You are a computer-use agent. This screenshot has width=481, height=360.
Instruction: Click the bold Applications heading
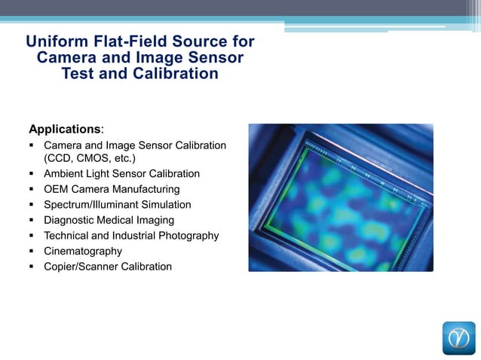64,129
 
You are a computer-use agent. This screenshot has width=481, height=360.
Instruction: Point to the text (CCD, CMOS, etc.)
90,158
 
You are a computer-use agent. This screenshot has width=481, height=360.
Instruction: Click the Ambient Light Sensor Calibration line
121,174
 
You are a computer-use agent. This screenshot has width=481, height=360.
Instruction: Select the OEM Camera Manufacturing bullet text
112,189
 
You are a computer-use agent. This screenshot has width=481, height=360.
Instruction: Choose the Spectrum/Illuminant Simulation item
118,205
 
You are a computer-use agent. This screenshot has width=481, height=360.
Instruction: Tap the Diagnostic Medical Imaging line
109,220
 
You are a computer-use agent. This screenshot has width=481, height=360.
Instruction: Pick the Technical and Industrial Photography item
131,236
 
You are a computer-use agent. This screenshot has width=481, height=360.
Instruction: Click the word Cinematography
83,251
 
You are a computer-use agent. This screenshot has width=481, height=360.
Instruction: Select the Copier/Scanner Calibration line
108,267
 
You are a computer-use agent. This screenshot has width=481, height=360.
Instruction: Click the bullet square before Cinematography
32,252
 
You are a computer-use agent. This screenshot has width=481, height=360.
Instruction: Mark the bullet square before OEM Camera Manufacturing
32,190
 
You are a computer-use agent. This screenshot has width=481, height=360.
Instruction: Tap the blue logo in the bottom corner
458,338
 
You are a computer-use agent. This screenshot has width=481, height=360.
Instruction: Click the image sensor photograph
341,197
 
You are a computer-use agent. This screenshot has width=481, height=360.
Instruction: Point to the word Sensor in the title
214,58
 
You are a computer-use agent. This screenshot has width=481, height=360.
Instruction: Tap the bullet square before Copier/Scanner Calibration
32,267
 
